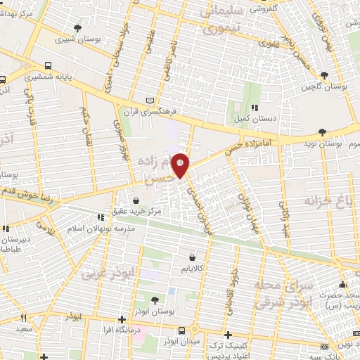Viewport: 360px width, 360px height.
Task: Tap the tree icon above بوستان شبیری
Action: coord(77,29)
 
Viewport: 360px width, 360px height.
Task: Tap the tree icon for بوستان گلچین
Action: coord(323,75)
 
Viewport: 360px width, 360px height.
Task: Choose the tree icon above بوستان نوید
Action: coord(321,131)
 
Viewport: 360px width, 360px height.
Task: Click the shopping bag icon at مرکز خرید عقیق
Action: coord(135,201)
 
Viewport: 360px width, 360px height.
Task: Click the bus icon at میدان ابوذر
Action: coord(182,330)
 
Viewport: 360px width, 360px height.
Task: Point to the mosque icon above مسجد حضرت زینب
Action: coord(342,285)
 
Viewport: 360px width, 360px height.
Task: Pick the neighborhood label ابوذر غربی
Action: coord(101,270)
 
